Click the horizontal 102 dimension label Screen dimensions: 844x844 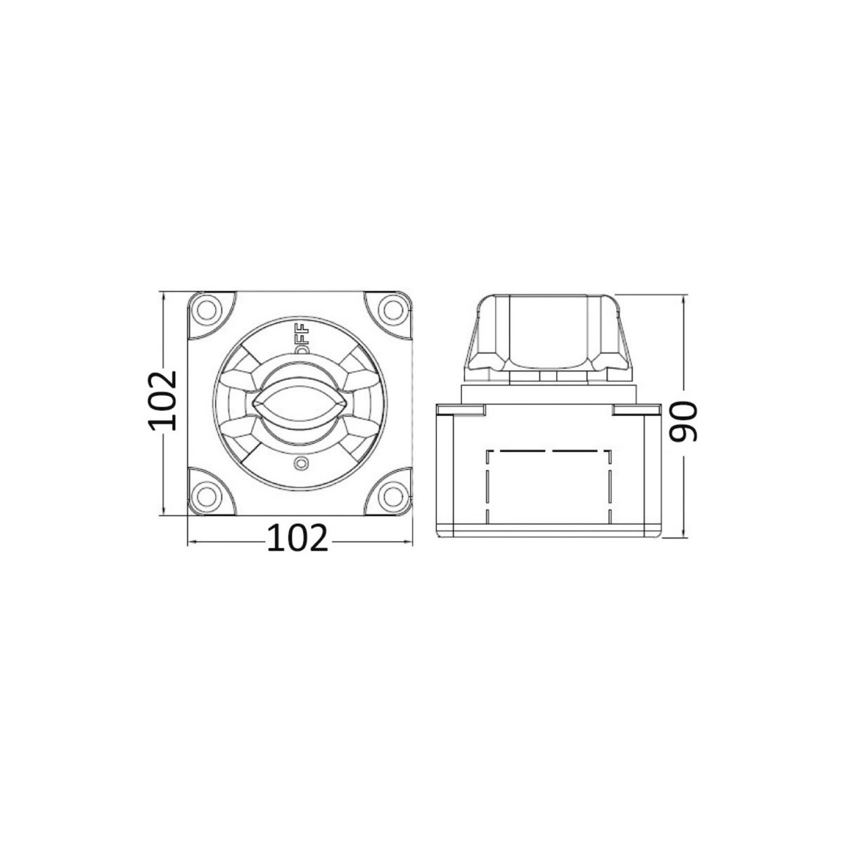point(298,538)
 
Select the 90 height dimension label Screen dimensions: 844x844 point(683,421)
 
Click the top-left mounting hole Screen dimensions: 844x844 point(207,310)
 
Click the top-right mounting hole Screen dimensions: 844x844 point(393,310)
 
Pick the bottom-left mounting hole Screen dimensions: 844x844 point(207,496)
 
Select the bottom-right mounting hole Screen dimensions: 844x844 point(393,496)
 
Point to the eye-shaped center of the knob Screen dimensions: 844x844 point(300,403)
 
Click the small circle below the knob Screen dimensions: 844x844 point(300,463)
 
